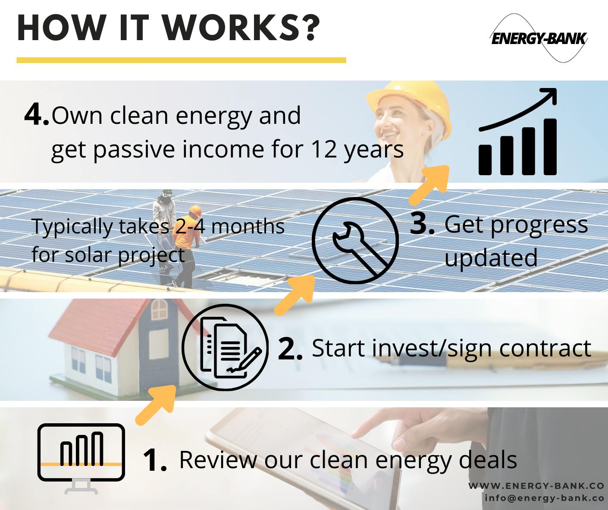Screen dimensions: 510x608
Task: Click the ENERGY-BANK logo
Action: [x=539, y=38]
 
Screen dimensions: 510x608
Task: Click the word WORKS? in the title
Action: [x=241, y=28]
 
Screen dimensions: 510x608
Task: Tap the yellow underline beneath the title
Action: [x=181, y=60]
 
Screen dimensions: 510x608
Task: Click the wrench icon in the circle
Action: [x=355, y=241]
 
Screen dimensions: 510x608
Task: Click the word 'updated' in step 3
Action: [x=491, y=258]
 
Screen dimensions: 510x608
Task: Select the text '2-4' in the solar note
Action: [x=190, y=226]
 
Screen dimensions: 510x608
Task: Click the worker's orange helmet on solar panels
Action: [x=195, y=211]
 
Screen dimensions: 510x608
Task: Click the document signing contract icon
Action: [x=225, y=347]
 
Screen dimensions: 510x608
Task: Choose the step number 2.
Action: [x=289, y=348]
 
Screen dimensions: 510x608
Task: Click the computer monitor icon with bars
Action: [x=81, y=453]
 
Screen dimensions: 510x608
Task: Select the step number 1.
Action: [x=154, y=460]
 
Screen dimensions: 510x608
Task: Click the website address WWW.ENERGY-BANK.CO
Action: [x=536, y=486]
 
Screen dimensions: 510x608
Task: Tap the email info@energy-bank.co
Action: [x=544, y=497]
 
